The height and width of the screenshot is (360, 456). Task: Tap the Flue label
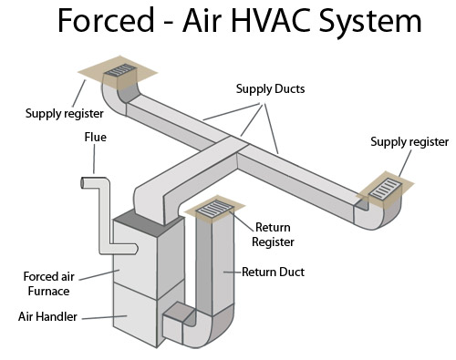96,138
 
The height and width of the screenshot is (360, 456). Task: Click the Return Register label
273,235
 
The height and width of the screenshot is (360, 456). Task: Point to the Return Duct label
273,272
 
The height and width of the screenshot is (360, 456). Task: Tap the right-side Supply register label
409,142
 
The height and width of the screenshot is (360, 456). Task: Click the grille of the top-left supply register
119,69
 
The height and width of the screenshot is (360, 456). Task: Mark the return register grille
215,210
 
